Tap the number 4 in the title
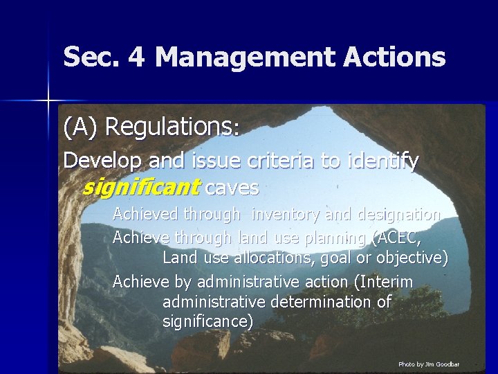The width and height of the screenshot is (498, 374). coord(136,57)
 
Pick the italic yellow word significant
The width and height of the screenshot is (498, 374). coord(140,187)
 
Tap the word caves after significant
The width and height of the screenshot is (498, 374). coord(232,187)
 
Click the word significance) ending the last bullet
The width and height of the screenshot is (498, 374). coord(208,321)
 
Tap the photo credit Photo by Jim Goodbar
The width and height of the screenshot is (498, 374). coord(429,364)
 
